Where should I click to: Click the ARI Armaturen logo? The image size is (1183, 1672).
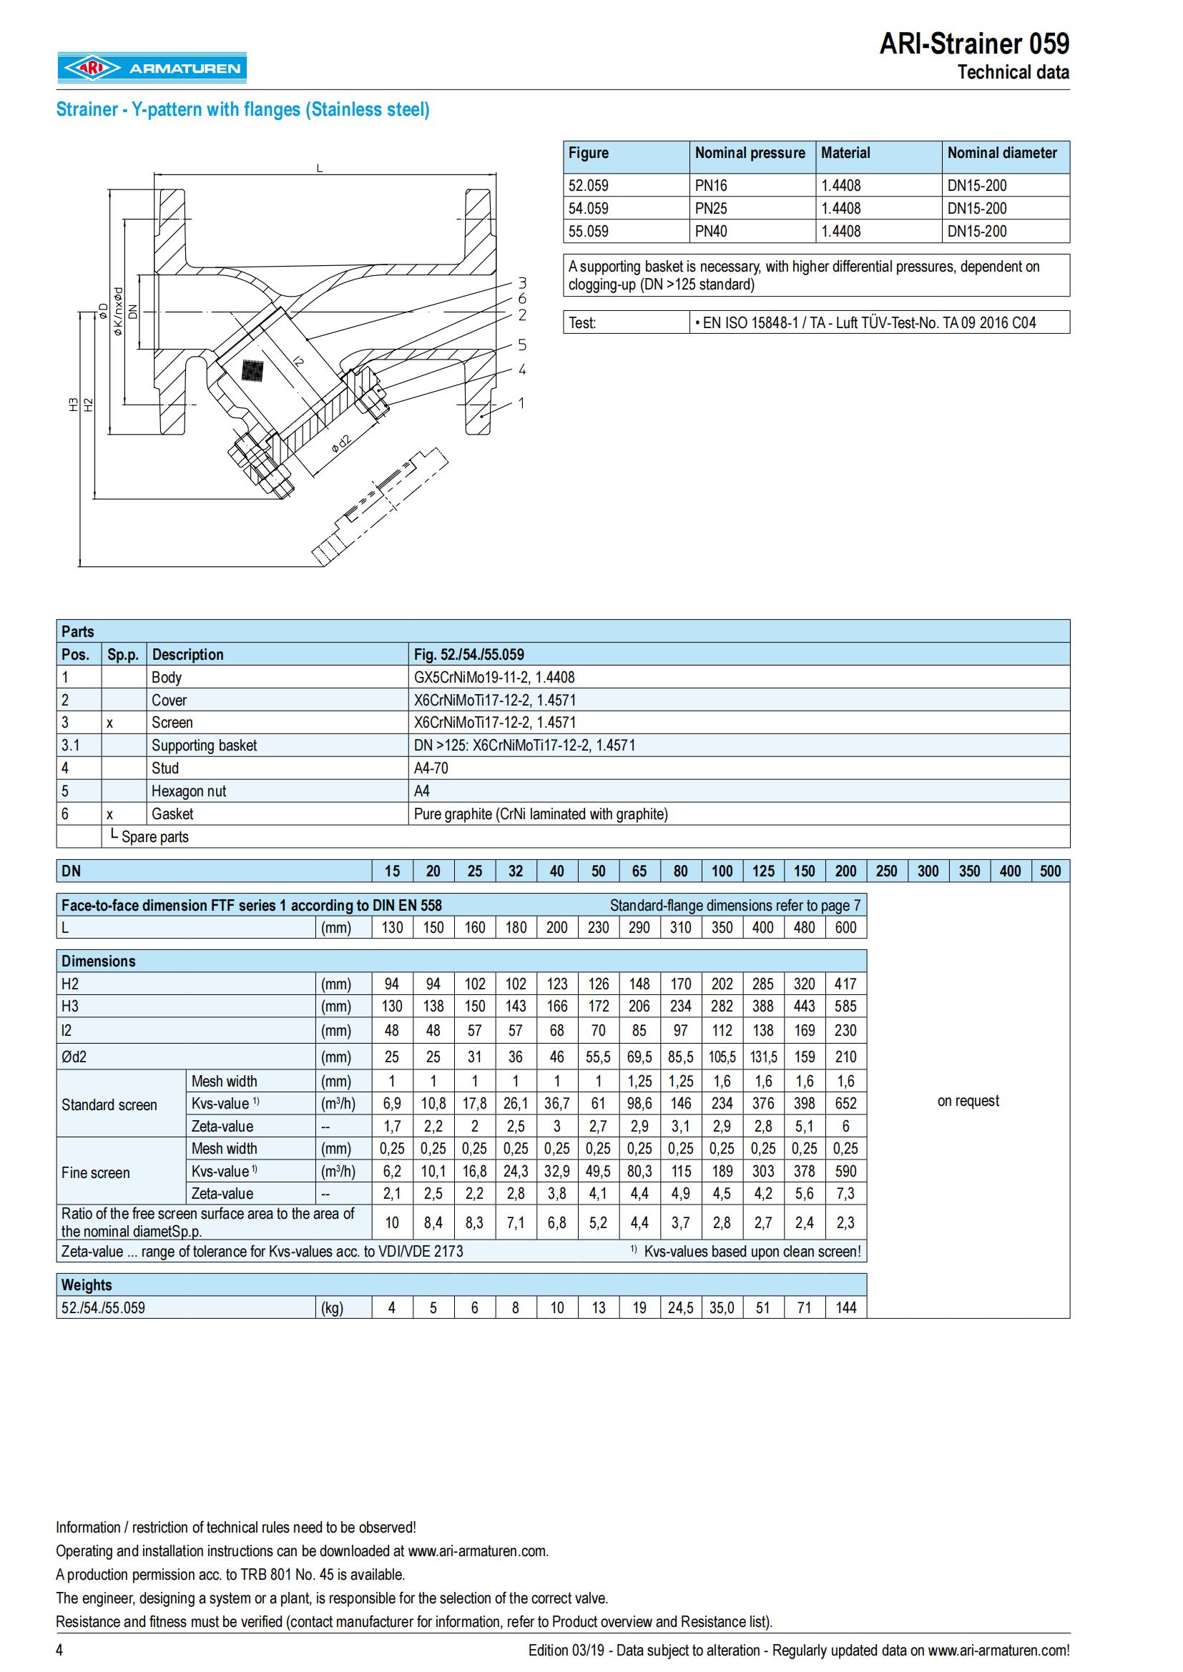pyautogui.click(x=152, y=69)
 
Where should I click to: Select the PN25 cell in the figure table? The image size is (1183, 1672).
pyautogui.click(x=711, y=208)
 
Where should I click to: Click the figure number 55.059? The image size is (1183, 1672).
pyautogui.click(x=589, y=232)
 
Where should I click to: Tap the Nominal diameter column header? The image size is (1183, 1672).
pyautogui.click(x=1001, y=153)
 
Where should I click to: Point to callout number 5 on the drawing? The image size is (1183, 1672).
pyautogui.click(x=522, y=345)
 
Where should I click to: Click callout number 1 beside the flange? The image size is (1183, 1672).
pyautogui.click(x=521, y=402)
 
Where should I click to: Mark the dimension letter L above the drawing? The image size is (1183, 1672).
pyautogui.click(x=319, y=168)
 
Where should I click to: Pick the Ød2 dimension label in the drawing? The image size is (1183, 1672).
pyautogui.click(x=340, y=443)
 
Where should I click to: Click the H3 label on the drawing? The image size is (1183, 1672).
pyautogui.click(x=73, y=405)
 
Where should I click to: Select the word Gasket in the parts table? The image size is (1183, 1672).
pyautogui.click(x=172, y=814)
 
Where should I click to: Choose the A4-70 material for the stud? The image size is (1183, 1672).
pyautogui.click(x=431, y=768)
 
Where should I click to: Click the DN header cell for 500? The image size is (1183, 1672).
pyautogui.click(x=1050, y=871)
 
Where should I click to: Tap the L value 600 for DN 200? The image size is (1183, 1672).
pyautogui.click(x=845, y=928)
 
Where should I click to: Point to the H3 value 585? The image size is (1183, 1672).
pyautogui.click(x=845, y=1006)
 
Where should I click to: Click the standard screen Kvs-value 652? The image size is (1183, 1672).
pyautogui.click(x=845, y=1103)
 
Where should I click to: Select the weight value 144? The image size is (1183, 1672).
pyautogui.click(x=845, y=1308)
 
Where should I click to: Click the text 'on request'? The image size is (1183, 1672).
pyautogui.click(x=968, y=1101)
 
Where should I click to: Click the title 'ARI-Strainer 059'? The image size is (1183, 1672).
pyautogui.click(x=974, y=44)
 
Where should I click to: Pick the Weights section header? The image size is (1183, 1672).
pyautogui.click(x=87, y=1285)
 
